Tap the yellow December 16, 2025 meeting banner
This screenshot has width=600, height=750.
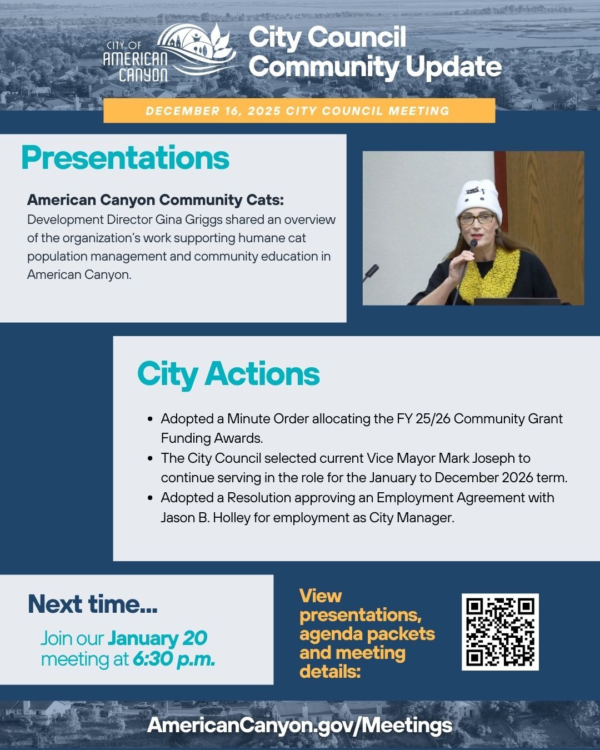[299, 111]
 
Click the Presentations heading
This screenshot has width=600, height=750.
[125, 158]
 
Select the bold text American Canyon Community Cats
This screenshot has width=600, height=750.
[155, 200]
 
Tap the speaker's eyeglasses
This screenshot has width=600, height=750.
[476, 219]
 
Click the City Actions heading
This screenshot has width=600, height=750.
[228, 374]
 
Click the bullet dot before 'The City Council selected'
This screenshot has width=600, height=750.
[151, 458]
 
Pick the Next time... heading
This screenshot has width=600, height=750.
[92, 604]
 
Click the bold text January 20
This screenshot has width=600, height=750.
[157, 638]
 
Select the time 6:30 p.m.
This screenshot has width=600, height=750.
[173, 659]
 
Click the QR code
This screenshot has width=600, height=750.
[500, 632]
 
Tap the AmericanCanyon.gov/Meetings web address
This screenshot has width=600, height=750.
[300, 725]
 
